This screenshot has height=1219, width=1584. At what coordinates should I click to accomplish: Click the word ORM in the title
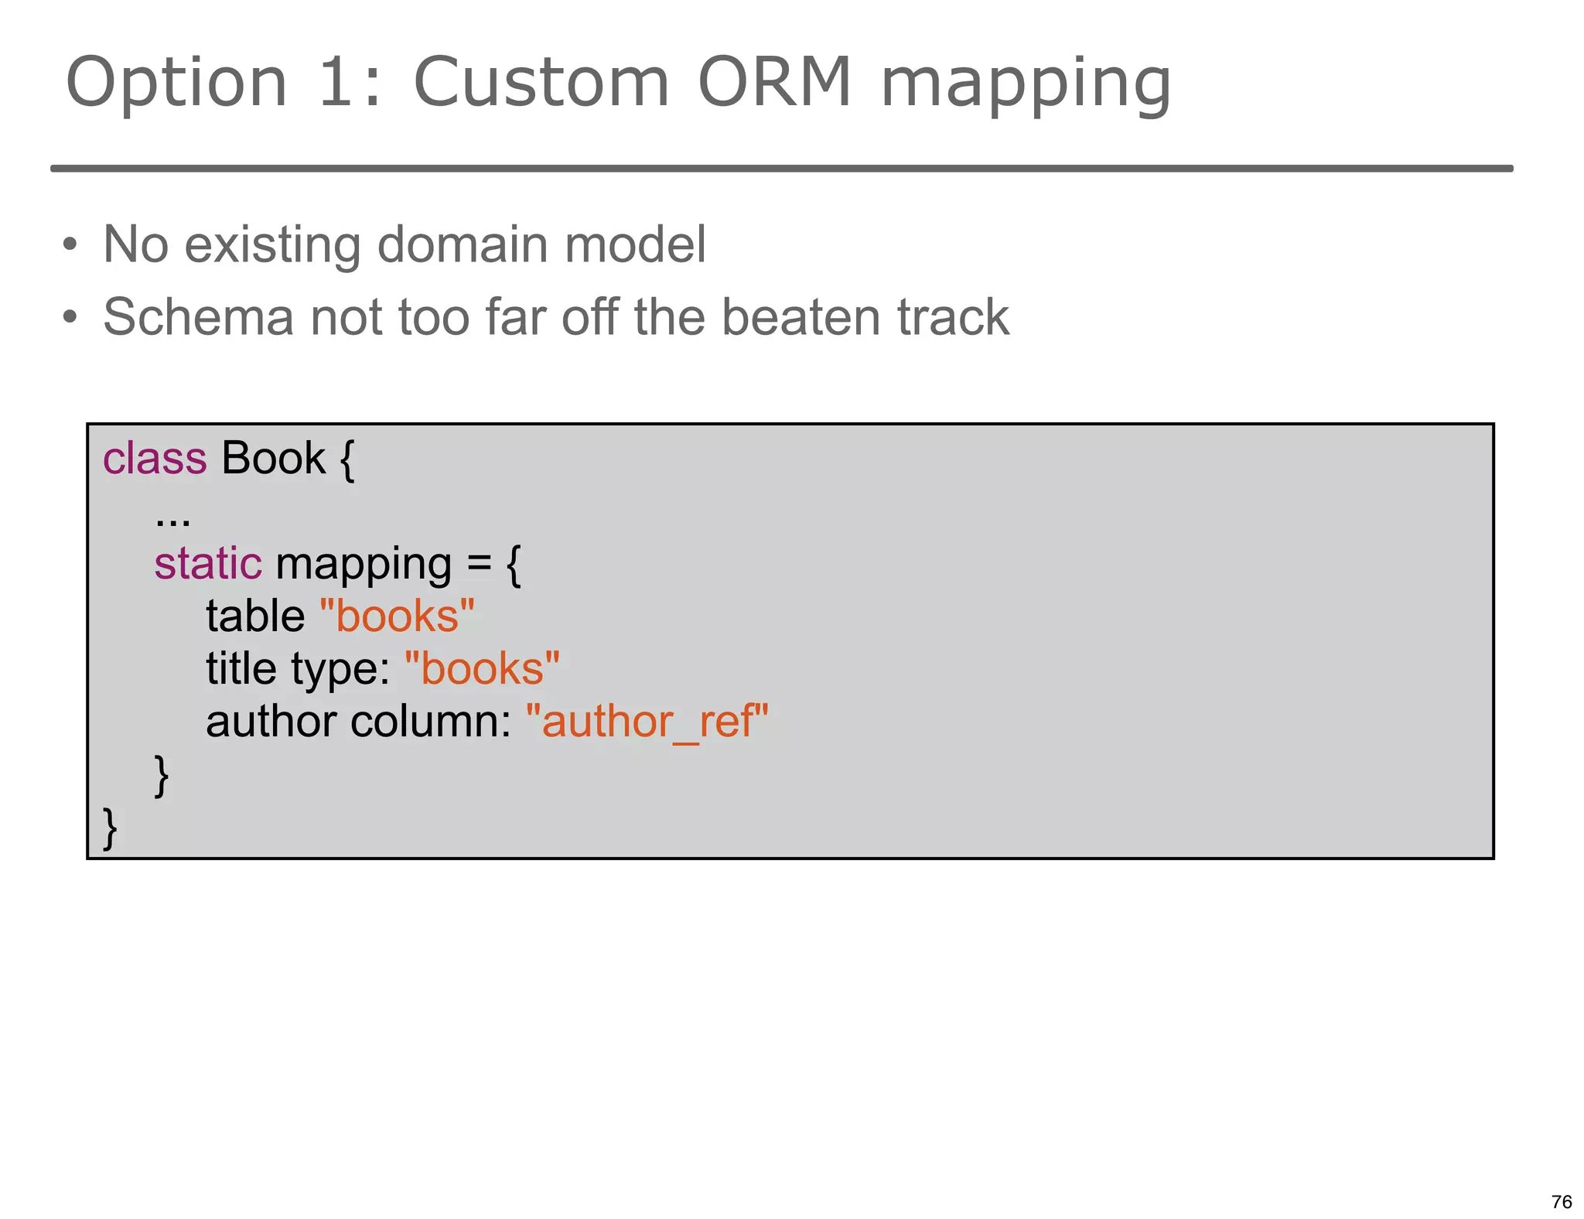tap(774, 82)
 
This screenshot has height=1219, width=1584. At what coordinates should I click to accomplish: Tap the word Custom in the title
tap(541, 82)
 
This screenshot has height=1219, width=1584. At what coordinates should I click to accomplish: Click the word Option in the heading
tap(176, 84)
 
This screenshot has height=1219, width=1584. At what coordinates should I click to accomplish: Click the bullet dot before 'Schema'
tap(70, 318)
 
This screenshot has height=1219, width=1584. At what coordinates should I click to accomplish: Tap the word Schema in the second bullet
tap(198, 317)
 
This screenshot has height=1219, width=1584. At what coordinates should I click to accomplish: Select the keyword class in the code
tap(155, 458)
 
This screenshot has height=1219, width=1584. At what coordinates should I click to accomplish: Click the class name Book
tap(273, 458)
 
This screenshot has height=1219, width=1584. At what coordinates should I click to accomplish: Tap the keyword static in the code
tap(207, 563)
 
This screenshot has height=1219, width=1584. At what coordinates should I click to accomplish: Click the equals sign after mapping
tap(479, 564)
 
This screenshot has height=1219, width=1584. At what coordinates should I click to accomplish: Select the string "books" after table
tap(397, 616)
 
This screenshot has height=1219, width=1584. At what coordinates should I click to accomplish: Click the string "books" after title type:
tap(482, 668)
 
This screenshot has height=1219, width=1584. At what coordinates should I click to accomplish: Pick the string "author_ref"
tap(647, 722)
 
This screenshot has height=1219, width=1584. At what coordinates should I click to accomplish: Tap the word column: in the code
tap(431, 722)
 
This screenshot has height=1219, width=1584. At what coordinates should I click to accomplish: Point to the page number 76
tap(1561, 1201)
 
